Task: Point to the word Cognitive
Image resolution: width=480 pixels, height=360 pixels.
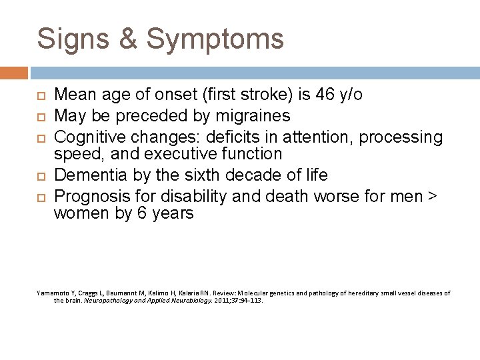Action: (x=93, y=137)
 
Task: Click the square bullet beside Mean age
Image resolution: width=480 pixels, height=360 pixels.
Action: (x=39, y=95)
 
